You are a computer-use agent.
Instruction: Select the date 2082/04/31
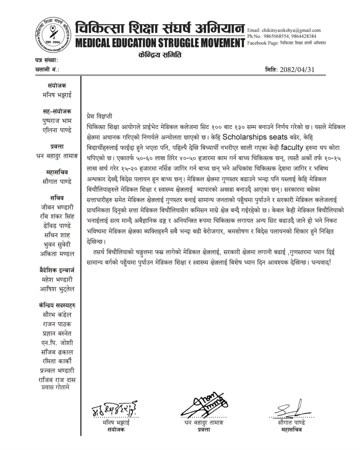point(297,70)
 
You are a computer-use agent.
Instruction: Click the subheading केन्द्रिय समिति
point(160,55)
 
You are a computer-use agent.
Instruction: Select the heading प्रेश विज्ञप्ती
point(99,116)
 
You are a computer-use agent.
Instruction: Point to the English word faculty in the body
point(292,147)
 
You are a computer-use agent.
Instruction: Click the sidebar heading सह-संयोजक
point(57,111)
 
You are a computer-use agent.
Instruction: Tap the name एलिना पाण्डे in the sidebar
point(57,130)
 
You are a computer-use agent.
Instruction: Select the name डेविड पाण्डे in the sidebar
point(57,226)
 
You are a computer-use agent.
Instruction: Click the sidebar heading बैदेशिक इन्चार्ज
point(57,270)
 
